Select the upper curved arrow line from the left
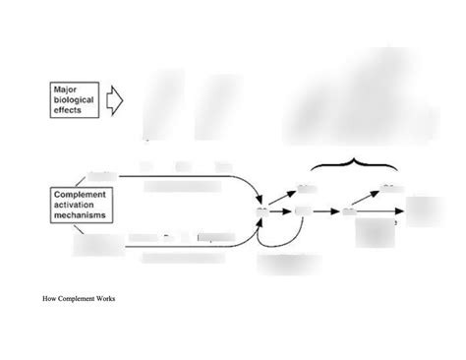[x=197, y=178]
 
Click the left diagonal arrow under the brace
[x=282, y=198]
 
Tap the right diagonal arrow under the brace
[x=369, y=198]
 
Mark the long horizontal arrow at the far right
[x=383, y=210]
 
